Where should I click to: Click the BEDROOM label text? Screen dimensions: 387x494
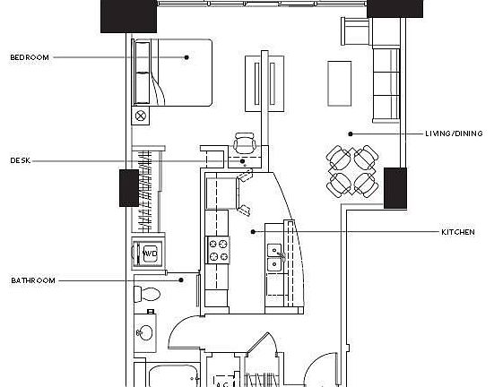30,57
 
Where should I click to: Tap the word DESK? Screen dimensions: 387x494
21,161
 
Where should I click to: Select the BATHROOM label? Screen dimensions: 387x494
33,280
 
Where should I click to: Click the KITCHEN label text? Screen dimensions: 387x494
457,232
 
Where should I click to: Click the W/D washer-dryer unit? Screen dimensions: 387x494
148,254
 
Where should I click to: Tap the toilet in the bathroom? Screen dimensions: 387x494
148,293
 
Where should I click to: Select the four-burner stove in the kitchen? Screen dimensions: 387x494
219,249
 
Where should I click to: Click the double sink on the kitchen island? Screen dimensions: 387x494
275,256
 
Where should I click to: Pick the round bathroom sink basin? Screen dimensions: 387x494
145,332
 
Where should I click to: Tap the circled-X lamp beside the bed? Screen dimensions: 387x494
141,116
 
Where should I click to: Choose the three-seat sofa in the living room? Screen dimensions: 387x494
386,83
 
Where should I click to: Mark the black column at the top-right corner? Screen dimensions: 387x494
395,8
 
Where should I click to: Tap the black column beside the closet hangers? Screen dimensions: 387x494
128,187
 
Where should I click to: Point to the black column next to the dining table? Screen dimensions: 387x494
395,187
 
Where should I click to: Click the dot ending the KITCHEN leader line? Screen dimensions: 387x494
253,231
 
